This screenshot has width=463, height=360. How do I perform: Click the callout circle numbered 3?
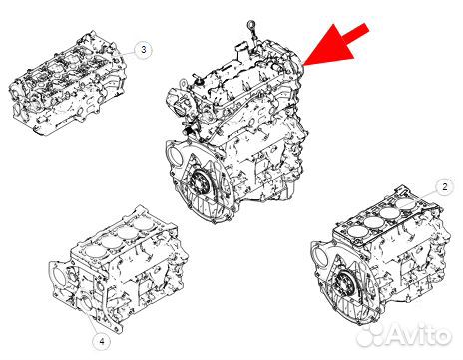coord(144,50)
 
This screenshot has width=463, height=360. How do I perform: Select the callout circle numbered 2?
coord(444,187)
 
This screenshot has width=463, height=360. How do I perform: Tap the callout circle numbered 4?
coord(102,341)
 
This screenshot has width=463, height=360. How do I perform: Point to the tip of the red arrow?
coord(303,66)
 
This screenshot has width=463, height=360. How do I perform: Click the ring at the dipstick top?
coord(251,24)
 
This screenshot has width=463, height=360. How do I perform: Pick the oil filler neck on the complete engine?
coord(241,51)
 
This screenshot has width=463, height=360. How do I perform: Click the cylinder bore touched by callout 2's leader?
coord(404,202)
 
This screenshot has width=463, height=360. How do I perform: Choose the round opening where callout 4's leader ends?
coord(86,304)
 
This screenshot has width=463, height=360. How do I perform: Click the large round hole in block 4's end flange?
coord(58,275)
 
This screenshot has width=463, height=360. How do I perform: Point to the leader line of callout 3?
coord(126,54)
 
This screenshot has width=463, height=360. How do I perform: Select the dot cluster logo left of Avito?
coord(370,335)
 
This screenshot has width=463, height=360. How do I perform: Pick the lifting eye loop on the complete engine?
coord(183,83)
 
